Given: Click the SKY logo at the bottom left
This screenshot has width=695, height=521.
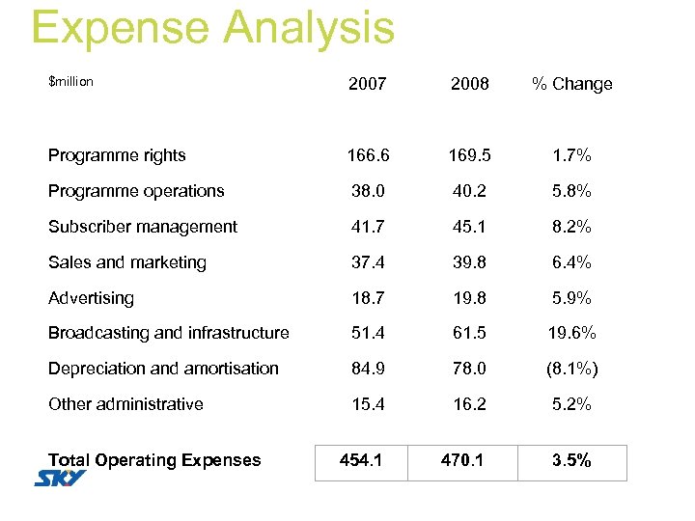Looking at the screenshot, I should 60,479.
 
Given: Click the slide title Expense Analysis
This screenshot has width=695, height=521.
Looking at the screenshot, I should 212,27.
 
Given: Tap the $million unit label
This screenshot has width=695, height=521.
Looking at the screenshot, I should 70,81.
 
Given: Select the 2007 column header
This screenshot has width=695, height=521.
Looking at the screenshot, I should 367,84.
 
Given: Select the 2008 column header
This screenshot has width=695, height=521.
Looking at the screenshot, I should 470,84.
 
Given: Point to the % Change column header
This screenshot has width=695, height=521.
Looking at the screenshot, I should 572,84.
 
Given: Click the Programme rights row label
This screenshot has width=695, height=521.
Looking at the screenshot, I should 117,155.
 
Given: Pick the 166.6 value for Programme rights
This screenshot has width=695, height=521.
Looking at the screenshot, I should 367,155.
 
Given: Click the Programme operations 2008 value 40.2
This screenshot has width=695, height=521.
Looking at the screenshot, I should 470,191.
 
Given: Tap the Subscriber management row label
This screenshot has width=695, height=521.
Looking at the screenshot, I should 142,227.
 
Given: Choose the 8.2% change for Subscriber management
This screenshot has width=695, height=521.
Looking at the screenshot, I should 572,227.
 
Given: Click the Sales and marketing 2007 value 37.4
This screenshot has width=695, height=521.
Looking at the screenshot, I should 367,262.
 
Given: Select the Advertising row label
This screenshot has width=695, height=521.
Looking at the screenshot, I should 91,298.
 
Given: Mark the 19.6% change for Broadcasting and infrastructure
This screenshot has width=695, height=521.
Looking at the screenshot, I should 572,333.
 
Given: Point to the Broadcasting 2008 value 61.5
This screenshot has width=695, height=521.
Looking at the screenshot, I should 470,333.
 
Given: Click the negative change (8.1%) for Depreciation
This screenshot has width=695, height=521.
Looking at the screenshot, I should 572,369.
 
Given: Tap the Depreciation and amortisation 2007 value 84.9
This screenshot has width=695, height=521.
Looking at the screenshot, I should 367,369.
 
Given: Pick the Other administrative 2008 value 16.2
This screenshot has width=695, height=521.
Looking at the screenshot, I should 470,404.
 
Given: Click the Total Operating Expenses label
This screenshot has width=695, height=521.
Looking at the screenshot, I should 154,460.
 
